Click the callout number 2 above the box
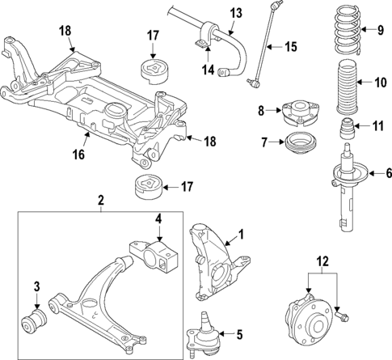coord(101,199)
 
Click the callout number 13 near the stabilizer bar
coord(235,13)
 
